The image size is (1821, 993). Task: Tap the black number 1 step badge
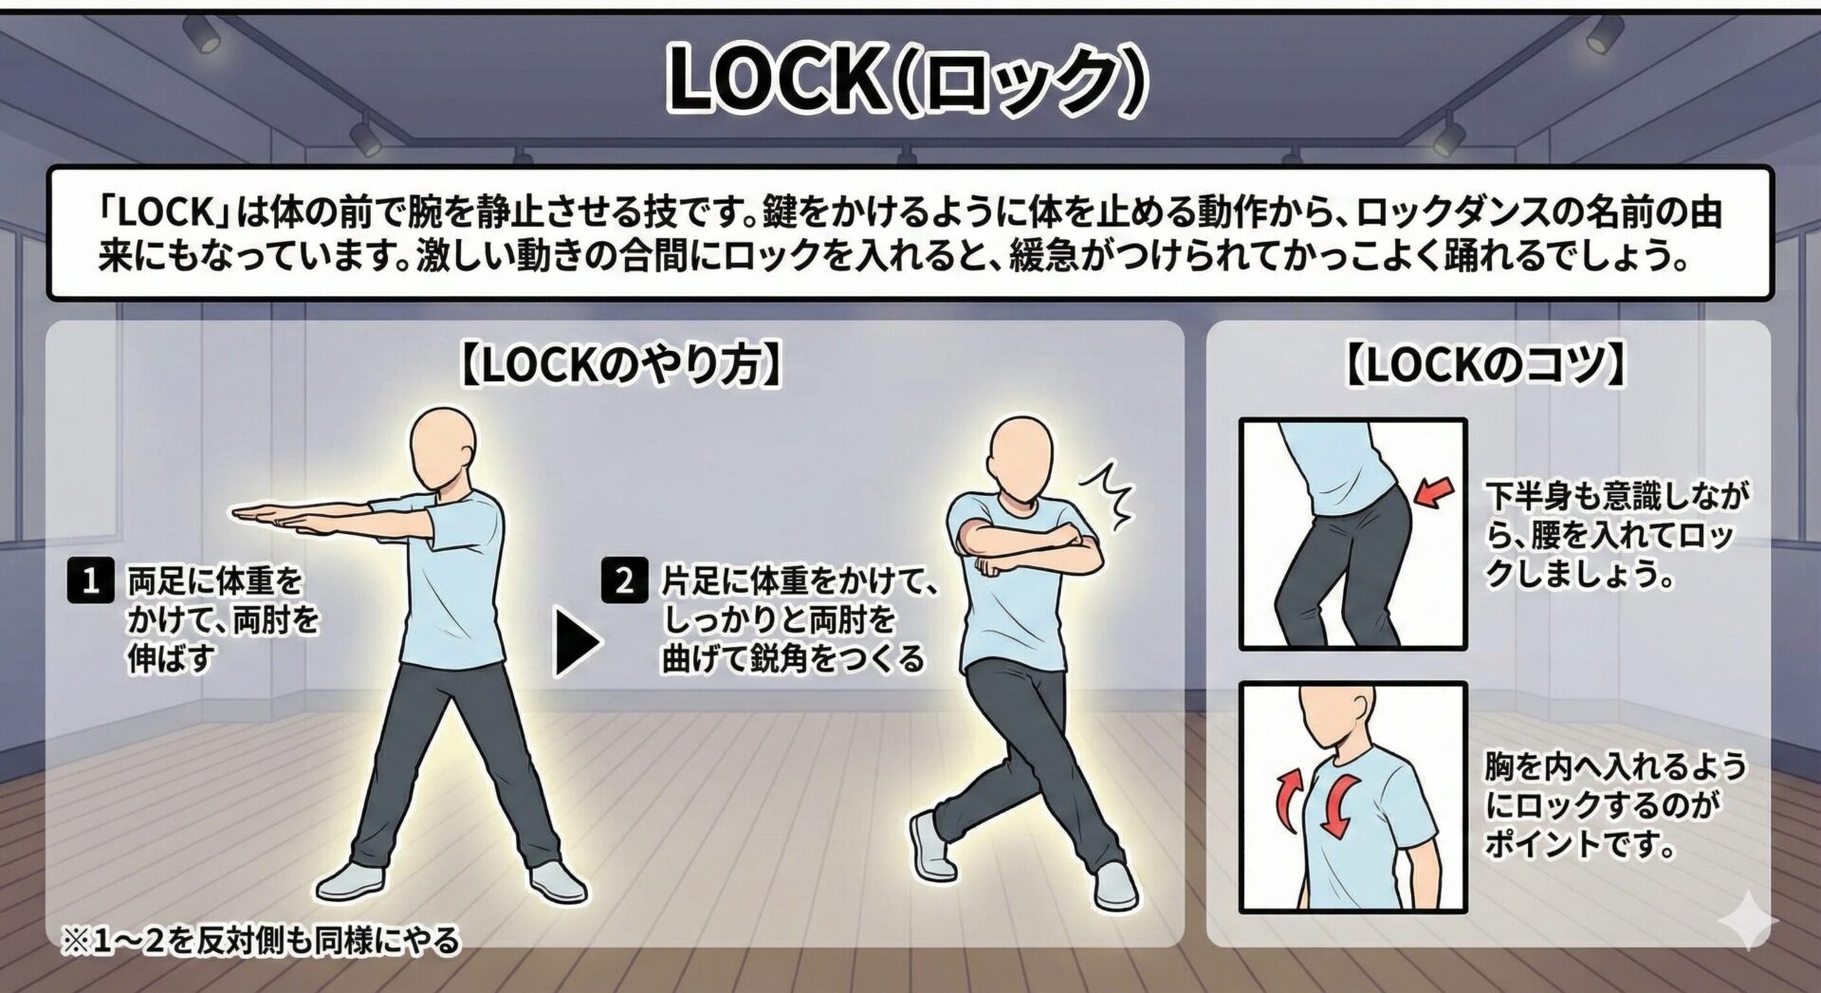point(91,580)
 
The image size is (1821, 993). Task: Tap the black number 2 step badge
point(624,580)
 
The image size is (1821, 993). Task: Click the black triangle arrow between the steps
point(576,643)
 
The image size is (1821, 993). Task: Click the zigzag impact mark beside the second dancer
point(1109,492)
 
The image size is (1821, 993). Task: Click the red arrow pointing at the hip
point(1433,492)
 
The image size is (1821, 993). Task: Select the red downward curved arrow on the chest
point(1338,804)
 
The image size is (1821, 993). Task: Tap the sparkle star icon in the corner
point(1748,919)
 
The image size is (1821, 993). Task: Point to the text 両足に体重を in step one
point(215,580)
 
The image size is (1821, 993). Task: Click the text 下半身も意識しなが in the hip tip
point(1617,495)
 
